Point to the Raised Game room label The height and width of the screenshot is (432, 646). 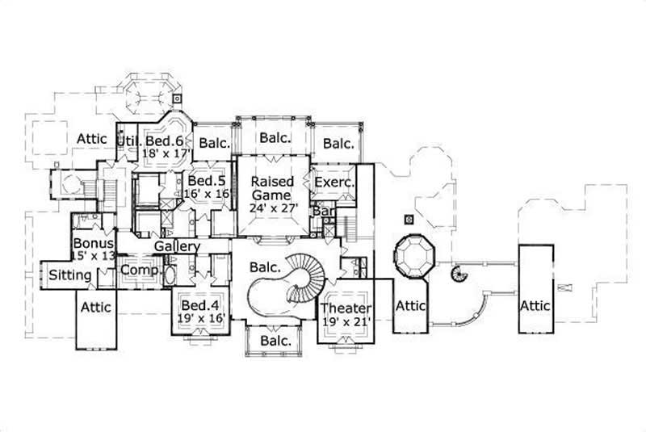(x=272, y=188)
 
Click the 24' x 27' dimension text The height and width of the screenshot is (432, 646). (x=272, y=208)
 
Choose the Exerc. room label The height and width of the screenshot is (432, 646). (x=334, y=183)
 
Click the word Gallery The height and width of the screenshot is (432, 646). (x=177, y=245)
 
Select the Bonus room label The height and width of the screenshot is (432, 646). (x=93, y=242)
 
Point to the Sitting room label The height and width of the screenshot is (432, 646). (x=70, y=275)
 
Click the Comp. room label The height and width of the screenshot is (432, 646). (x=139, y=271)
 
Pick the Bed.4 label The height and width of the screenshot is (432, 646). (x=198, y=306)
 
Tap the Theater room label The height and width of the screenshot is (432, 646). (x=346, y=308)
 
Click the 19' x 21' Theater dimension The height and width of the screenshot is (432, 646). (x=346, y=321)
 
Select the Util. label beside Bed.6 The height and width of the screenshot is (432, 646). (x=127, y=141)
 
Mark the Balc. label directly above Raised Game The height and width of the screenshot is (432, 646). (x=275, y=138)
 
